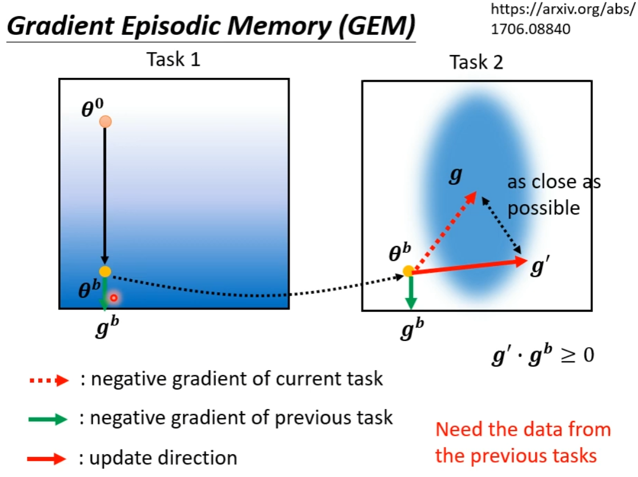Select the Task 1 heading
174,59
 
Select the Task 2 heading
476,62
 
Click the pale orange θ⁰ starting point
105,121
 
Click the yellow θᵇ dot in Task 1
105,272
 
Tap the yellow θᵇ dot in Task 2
408,271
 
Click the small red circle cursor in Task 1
114,297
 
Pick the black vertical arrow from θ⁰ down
105,194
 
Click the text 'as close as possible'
553,194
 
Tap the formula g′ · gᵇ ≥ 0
543,355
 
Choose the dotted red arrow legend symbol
48,380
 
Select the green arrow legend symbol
48,419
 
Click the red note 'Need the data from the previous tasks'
523,442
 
